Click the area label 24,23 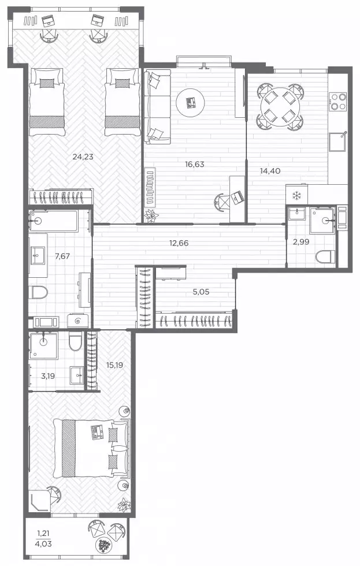tap(83, 157)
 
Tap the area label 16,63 tap(195, 164)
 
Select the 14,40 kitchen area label tap(270, 171)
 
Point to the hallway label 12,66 tap(179, 243)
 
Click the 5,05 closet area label tap(201, 292)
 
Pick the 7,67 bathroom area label tap(62, 256)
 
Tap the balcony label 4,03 tap(44, 543)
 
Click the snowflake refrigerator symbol tap(296, 196)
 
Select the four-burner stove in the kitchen tap(339, 102)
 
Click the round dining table tap(280, 107)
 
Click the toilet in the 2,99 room tap(325, 258)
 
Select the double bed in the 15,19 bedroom tap(91, 448)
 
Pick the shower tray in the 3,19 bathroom tap(44, 346)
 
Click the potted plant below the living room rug tap(151, 215)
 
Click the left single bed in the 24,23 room tap(47, 103)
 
